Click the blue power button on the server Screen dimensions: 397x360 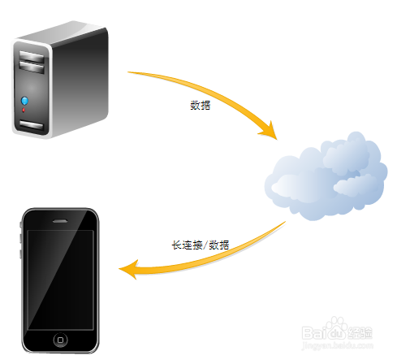(24, 101)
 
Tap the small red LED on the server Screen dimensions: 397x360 (24, 110)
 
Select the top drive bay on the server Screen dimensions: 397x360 (32, 56)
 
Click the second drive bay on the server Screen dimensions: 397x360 (32, 67)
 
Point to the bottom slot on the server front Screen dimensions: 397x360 (31, 125)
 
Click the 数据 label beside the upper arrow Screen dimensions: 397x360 (201, 105)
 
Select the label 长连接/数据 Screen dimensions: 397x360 (201, 245)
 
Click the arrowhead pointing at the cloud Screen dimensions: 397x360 (270, 132)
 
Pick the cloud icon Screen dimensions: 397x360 (326, 176)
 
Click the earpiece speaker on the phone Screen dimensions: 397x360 (60, 221)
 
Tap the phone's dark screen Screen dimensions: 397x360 (60, 280)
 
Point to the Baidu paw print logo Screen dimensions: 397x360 (336, 328)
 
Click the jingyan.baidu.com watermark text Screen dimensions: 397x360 (337, 345)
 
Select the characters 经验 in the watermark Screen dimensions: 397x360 (360, 332)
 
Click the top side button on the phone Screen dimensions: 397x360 (21, 225)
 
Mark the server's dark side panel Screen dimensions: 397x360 (80, 81)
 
